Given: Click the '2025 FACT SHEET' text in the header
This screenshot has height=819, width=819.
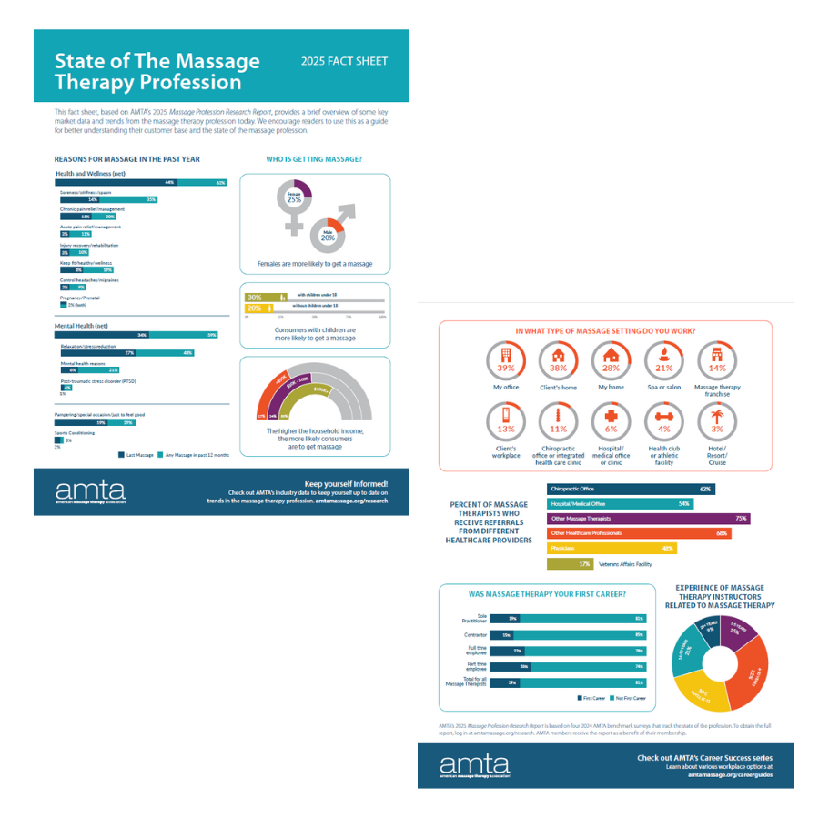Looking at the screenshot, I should [344, 62].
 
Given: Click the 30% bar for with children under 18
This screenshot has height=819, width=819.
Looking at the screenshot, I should [260, 297].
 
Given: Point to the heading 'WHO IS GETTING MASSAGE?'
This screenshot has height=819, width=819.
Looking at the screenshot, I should [314, 159].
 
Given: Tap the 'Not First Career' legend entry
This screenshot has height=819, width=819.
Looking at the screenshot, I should [631, 698].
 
